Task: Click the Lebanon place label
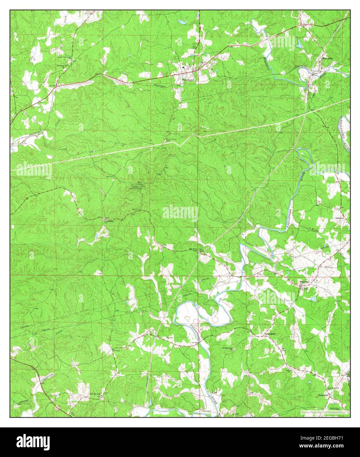pos(339,218)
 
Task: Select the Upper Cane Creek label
pos(64,57)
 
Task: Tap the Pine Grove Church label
pos(95,393)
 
